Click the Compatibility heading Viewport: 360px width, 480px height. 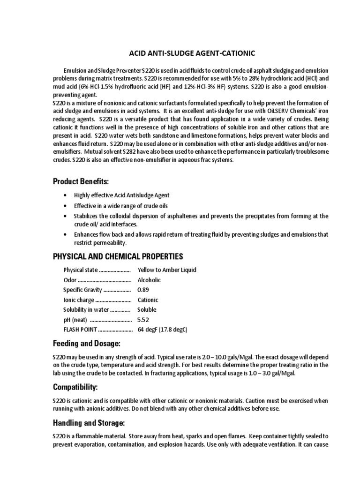(78, 387)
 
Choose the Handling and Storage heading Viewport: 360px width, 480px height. (89, 423)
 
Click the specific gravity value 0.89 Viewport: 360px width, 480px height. (143, 290)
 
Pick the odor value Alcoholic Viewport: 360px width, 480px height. (149, 280)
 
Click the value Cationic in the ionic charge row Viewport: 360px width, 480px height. (148, 300)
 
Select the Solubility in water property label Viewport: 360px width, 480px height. (86, 310)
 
